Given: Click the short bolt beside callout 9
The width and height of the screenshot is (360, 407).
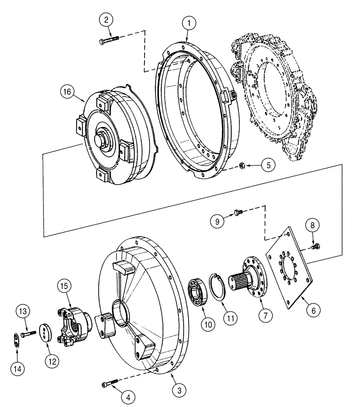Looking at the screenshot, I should pyautogui.click(x=238, y=212).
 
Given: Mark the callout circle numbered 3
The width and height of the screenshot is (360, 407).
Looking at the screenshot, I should pyautogui.click(x=178, y=390).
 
